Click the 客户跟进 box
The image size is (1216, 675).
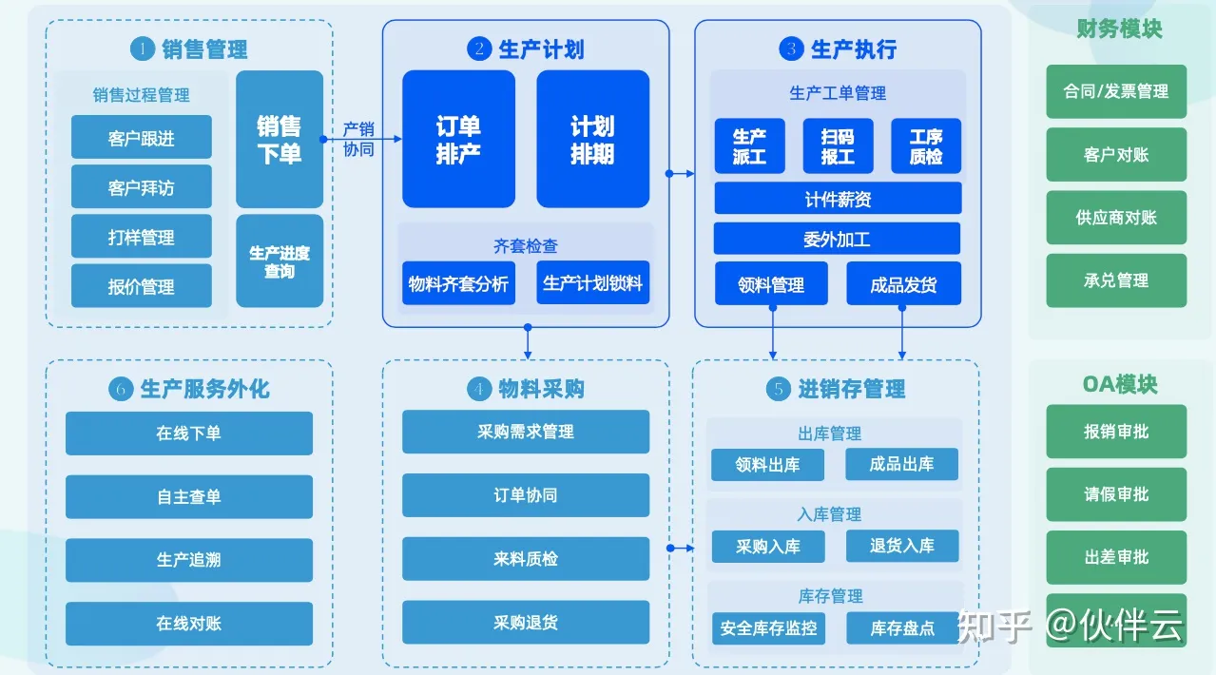[x=141, y=138]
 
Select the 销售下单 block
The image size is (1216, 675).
[x=279, y=139]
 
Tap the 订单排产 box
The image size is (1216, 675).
[x=458, y=139]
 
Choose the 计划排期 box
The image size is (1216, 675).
[x=592, y=139]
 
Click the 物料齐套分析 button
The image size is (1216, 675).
[x=458, y=283]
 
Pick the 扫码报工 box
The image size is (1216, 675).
[x=838, y=146]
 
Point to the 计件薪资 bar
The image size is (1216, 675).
[x=837, y=199]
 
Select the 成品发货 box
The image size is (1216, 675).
[x=903, y=283]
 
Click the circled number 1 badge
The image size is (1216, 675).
[x=142, y=48]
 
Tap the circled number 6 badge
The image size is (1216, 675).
[x=120, y=389]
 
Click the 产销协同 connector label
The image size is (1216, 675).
[x=358, y=139]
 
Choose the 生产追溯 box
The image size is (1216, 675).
[x=188, y=560]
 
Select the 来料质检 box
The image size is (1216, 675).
[x=525, y=559]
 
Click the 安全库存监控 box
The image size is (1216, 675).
[x=768, y=628]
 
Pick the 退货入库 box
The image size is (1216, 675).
[x=901, y=546]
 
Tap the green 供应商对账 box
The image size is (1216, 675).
[x=1116, y=218]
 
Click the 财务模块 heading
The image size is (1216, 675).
[x=1119, y=29]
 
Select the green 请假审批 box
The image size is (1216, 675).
[x=1116, y=494]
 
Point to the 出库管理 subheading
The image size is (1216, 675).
[x=829, y=434]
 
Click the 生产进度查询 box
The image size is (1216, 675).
[x=279, y=261]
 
